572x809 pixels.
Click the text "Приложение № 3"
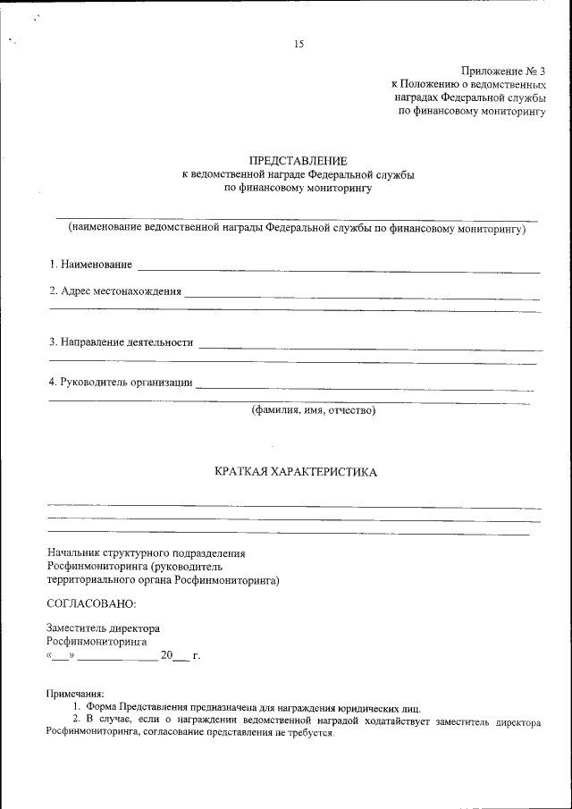[x=502, y=70]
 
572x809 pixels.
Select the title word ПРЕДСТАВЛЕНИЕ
[x=298, y=159]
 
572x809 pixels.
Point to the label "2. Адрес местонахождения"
[x=114, y=291]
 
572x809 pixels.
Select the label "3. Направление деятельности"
[x=121, y=341]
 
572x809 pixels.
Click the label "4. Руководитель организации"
[x=120, y=383]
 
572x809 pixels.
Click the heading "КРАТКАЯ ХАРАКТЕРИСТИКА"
[x=296, y=471]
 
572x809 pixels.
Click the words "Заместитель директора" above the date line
[x=103, y=628]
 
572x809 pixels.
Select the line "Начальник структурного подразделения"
[x=146, y=554]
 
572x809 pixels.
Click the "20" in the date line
[x=165, y=656]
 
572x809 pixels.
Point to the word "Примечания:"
[x=75, y=694]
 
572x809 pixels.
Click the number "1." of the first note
[x=77, y=706]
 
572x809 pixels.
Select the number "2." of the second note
[x=77, y=719]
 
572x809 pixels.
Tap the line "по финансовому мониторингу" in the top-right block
[x=471, y=111]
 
